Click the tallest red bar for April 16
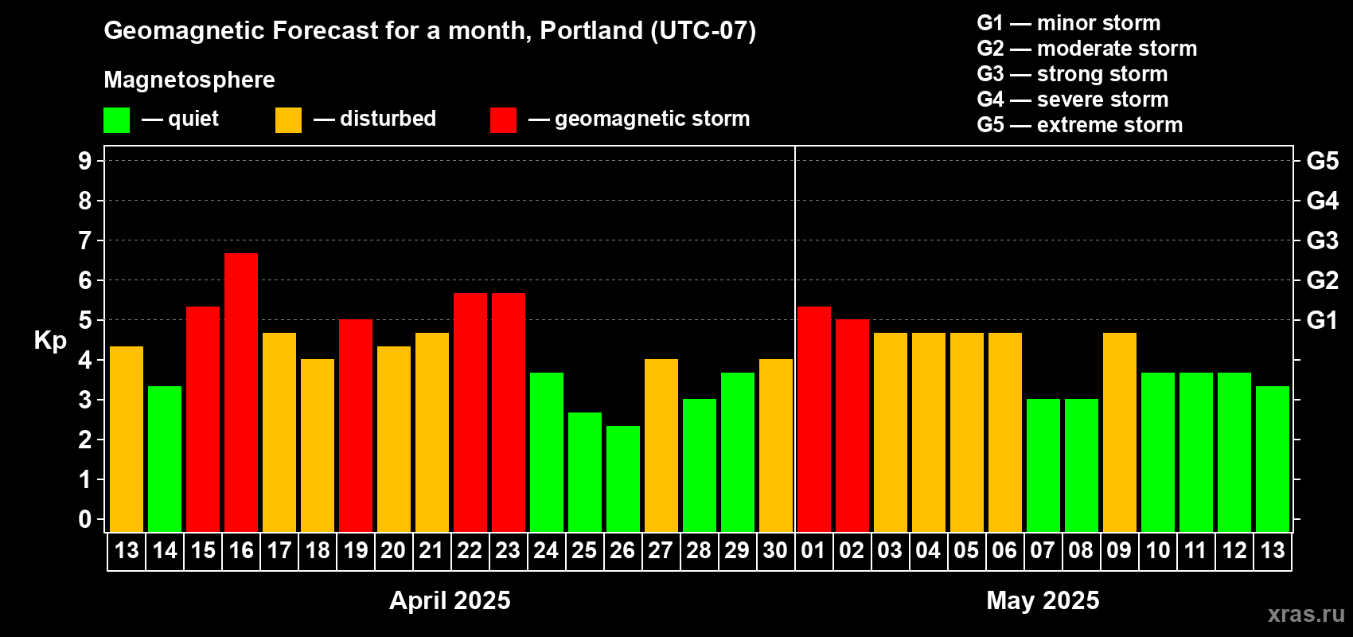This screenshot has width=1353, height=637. point(241,393)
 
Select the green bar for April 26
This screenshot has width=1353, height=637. point(622,479)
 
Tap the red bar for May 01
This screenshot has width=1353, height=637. point(813,419)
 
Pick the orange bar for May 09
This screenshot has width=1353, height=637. point(1119,432)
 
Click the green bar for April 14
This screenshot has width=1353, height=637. point(165,459)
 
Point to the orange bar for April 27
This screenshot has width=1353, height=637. point(661,445)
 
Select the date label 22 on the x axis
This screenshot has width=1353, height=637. point(470,550)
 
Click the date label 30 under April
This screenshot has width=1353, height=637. point(775,550)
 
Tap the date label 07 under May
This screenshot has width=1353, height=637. point(1043,550)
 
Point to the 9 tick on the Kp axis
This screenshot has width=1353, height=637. point(84,161)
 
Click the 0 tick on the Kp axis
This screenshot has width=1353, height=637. point(84,519)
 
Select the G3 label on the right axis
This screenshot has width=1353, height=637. point(1322,240)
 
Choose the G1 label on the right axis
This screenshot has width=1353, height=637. point(1322,320)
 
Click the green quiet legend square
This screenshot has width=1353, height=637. point(116,119)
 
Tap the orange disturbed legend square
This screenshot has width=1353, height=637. point(288,119)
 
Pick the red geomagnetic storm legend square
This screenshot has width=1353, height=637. point(503,119)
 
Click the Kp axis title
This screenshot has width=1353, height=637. point(50,341)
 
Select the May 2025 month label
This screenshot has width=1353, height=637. point(1043,600)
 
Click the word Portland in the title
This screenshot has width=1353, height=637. point(591,30)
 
